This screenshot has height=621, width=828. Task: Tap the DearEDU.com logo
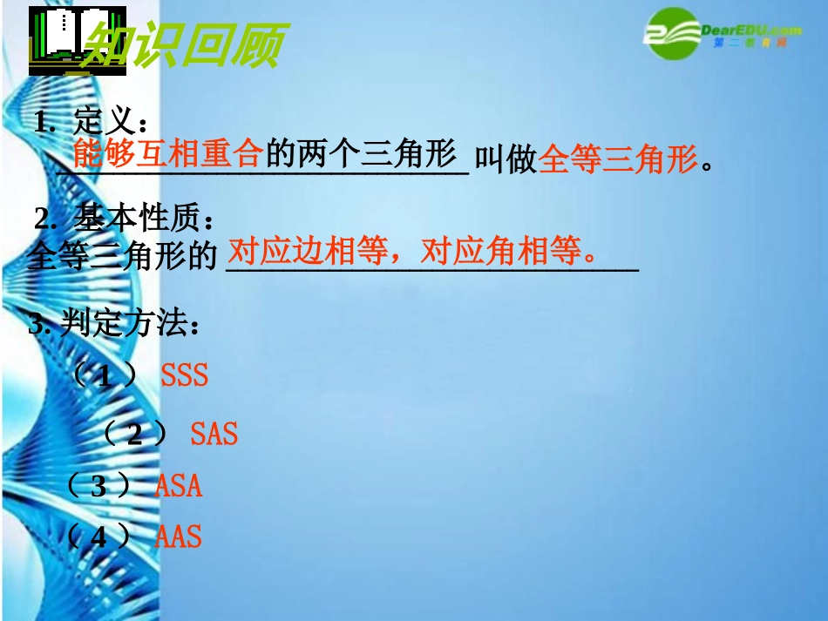pyautogui.click(x=715, y=34)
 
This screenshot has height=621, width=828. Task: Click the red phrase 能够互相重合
pyautogui.click(x=167, y=154)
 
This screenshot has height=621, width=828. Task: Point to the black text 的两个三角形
pyautogui.click(x=361, y=154)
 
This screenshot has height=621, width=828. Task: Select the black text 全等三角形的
pyautogui.click(x=121, y=256)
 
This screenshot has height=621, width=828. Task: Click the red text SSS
pyautogui.click(x=185, y=375)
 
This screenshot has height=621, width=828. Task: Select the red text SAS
pyautogui.click(x=214, y=433)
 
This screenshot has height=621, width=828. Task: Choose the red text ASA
pyautogui.click(x=179, y=485)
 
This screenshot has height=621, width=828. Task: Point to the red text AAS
pyautogui.click(x=178, y=536)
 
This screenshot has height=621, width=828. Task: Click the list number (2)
pyautogui.click(x=134, y=434)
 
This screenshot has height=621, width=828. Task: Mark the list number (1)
pyautogui.click(x=104, y=376)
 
